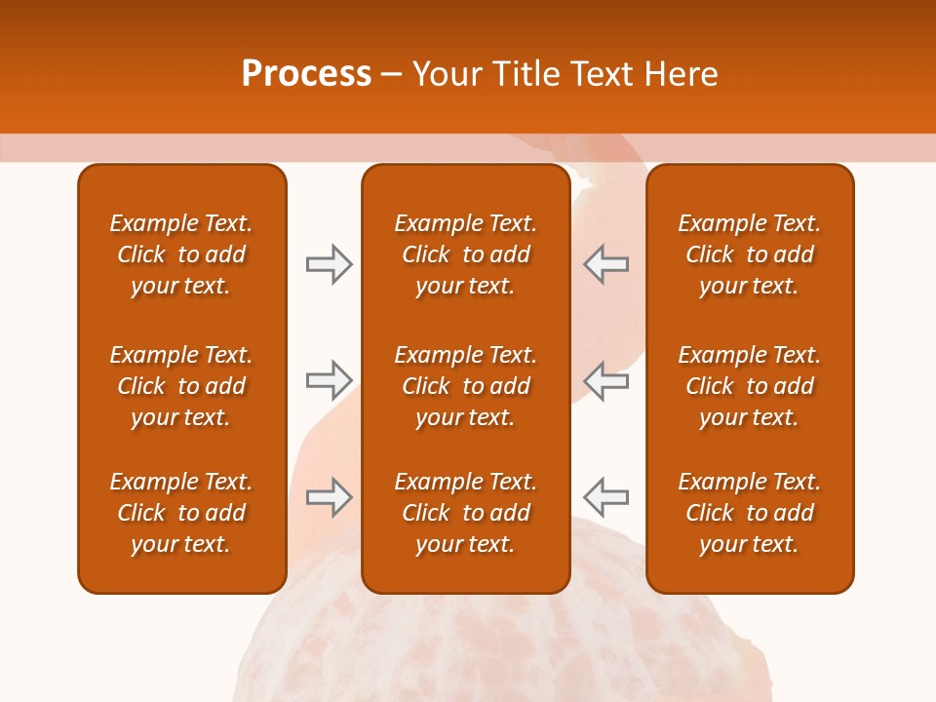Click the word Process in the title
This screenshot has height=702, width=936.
tap(306, 74)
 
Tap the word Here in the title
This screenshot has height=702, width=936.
tap(682, 74)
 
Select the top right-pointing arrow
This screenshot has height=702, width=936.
tap(329, 264)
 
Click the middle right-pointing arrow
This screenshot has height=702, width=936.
tap(329, 380)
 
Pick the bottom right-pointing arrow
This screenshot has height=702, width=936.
tap(329, 497)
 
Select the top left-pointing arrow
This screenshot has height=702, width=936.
tap(606, 264)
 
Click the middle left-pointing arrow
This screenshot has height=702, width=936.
tap(606, 380)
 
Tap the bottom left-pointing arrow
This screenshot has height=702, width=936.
tap(606, 497)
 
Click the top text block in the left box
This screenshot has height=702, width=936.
tap(181, 254)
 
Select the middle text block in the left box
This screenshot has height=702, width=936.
tap(181, 386)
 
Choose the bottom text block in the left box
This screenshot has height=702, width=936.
tap(181, 513)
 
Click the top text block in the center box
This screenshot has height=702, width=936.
tap(465, 254)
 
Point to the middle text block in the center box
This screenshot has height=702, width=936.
tap(465, 386)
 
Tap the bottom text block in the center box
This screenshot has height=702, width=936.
tap(465, 513)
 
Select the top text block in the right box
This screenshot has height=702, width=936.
tap(749, 254)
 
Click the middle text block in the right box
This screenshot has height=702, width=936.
tap(749, 386)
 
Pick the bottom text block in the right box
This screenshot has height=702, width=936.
tap(749, 513)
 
